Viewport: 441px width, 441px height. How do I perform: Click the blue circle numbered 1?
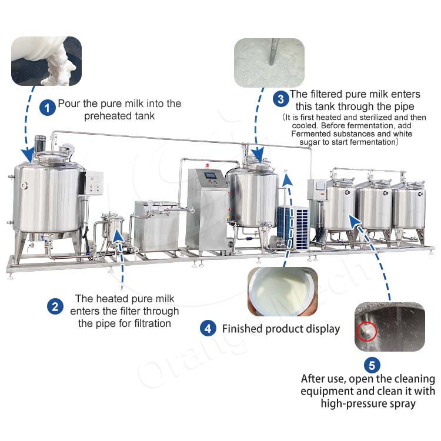click(x=47, y=108)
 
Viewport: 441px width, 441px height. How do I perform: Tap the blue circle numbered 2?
click(x=55, y=306)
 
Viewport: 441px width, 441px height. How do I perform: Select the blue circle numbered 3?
click(x=280, y=99)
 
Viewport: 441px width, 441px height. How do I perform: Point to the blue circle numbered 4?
click(x=208, y=328)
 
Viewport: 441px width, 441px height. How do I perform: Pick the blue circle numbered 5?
click(x=372, y=365)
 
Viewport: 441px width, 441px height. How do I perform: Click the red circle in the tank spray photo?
click(x=367, y=332)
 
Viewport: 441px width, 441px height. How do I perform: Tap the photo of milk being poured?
click(x=46, y=61)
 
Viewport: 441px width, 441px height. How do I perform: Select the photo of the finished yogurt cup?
click(x=283, y=291)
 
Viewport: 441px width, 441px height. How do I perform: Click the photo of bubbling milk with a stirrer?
click(x=269, y=63)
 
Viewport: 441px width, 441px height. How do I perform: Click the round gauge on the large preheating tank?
click(x=24, y=185)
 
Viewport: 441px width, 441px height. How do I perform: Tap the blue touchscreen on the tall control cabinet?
click(x=211, y=175)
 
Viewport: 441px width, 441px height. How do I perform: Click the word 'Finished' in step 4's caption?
click(x=241, y=329)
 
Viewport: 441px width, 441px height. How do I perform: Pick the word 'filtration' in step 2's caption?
click(x=152, y=323)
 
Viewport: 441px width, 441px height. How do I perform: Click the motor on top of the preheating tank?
click(x=40, y=144)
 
